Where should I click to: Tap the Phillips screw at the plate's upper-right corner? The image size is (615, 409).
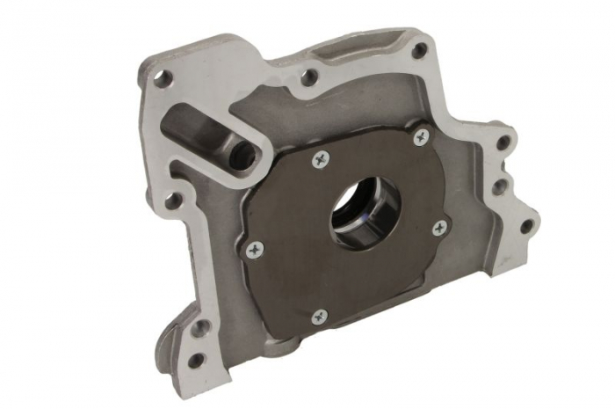tap(422, 136)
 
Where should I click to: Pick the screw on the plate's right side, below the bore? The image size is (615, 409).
tap(438, 229)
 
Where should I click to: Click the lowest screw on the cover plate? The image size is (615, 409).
tap(320, 315)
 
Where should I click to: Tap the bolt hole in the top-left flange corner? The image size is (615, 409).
tap(161, 78)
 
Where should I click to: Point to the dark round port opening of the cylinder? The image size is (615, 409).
tap(242, 156)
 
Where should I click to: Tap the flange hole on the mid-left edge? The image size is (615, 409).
tap(172, 201)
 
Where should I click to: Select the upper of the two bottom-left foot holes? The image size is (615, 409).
tap(201, 326)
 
